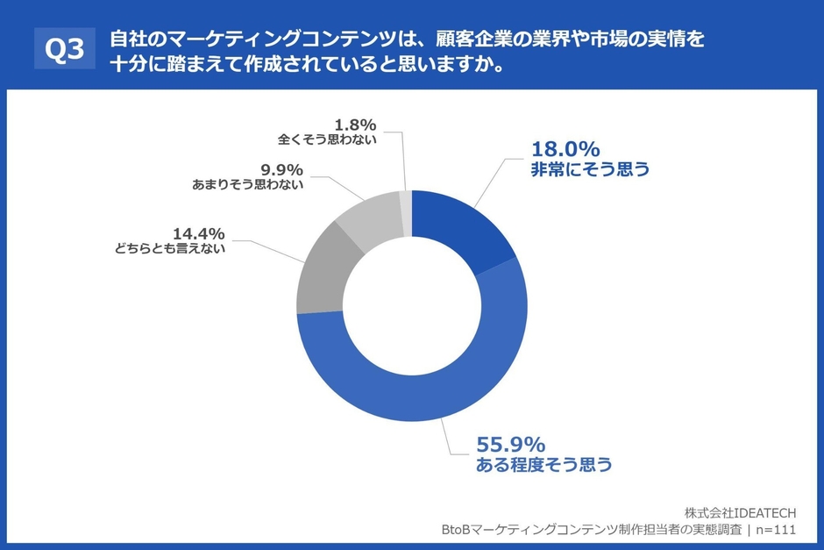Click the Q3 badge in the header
(x=64, y=52)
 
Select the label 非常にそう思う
(x=590, y=170)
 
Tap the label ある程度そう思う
(x=543, y=466)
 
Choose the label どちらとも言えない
(x=170, y=249)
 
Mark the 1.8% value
(x=354, y=124)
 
